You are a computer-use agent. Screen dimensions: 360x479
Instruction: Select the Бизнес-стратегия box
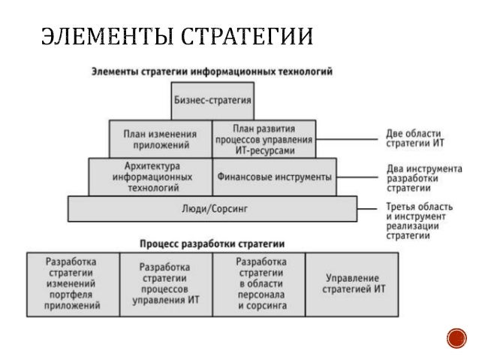coord(212,99)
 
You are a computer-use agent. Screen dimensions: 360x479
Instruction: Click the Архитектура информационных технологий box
coord(151,177)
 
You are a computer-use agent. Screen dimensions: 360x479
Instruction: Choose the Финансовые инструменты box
coord(273,177)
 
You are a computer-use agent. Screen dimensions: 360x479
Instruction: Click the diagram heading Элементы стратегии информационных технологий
coord(212,71)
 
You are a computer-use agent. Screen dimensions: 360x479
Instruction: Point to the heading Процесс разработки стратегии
coord(212,244)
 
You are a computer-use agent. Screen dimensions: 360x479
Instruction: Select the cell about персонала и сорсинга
coord(260,283)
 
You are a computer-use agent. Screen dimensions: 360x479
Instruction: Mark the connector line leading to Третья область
coord(367,208)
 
